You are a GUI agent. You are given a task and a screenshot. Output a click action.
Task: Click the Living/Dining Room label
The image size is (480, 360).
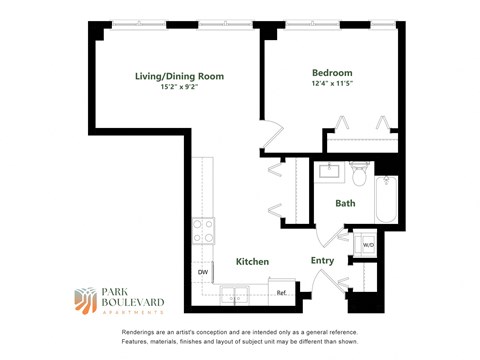tap(179, 75)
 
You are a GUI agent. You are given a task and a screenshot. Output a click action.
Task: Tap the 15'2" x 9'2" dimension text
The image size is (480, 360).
tap(179, 87)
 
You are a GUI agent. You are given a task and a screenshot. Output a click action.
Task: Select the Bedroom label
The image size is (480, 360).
tap(332, 73)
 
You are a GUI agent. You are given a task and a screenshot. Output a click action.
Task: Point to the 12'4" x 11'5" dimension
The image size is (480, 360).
tap(332, 85)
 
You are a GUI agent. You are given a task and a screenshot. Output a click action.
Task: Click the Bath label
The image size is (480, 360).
tap(345, 203)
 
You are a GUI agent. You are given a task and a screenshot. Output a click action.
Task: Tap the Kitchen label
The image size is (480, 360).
tap(252, 261)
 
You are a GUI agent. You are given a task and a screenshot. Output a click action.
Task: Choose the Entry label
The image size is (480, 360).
tap(322, 260)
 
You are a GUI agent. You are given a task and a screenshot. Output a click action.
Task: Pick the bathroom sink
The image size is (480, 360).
tap(329, 172)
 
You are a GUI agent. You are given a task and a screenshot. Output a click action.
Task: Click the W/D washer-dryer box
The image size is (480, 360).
tap(367, 244)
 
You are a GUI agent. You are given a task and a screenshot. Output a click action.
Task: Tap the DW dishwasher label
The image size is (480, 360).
tap(203, 271)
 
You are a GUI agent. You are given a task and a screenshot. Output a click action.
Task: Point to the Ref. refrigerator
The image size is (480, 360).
tap(282, 292)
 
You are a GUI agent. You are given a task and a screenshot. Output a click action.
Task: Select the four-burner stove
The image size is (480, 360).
tap(204, 231)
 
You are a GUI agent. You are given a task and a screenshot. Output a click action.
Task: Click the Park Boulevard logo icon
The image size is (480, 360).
tap(87, 300)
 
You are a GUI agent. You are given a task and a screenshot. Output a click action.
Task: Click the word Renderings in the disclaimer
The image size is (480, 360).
tap(141, 331)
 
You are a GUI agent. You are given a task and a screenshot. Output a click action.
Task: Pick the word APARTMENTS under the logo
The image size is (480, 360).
tap(123, 313)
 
